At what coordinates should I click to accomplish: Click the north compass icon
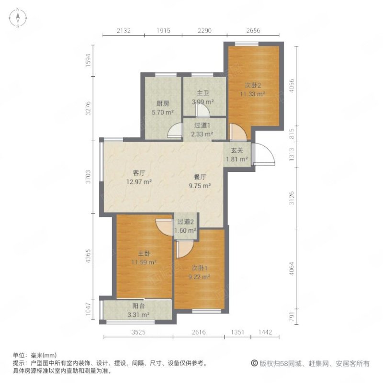coord(17,18)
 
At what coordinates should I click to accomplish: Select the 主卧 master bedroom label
coord(139,254)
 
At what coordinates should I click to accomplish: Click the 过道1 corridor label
coord(201,126)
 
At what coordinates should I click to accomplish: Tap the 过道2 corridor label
coord(185,222)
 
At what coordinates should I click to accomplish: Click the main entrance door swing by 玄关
coord(262,154)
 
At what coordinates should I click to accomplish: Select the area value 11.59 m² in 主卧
coord(144,262)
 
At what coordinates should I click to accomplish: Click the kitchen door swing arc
coord(176,130)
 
